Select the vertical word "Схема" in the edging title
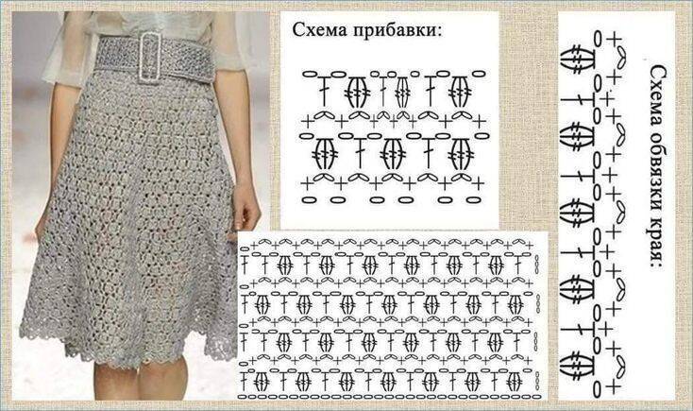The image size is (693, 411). (658, 93)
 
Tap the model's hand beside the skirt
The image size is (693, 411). (246, 207)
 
